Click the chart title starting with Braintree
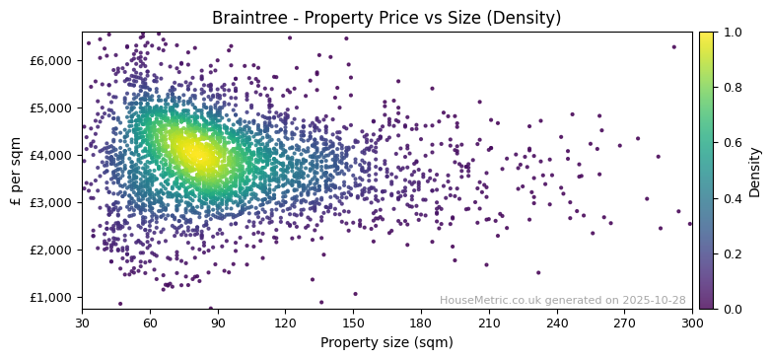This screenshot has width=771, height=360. [386, 18]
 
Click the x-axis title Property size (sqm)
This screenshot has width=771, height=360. [386, 343]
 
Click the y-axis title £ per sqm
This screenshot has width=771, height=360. [16, 171]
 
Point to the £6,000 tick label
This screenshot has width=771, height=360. [51, 60]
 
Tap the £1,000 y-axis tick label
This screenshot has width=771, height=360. [51, 297]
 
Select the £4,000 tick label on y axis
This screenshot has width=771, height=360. [51, 155]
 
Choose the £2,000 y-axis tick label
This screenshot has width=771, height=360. [51, 250]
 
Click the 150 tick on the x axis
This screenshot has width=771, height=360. [353, 323]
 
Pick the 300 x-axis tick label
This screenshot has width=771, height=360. [692, 323]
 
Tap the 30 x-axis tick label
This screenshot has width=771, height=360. [82, 323]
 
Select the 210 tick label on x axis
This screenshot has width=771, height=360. [489, 323]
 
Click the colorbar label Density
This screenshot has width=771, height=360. [755, 171]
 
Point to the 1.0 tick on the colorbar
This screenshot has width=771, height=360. [733, 33]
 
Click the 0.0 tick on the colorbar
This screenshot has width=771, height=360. [733, 309]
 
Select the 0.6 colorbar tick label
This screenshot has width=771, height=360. [733, 143]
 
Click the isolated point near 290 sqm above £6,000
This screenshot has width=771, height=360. [674, 46]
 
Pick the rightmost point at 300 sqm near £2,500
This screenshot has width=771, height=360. [690, 224]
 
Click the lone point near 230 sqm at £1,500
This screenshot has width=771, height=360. [538, 272]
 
